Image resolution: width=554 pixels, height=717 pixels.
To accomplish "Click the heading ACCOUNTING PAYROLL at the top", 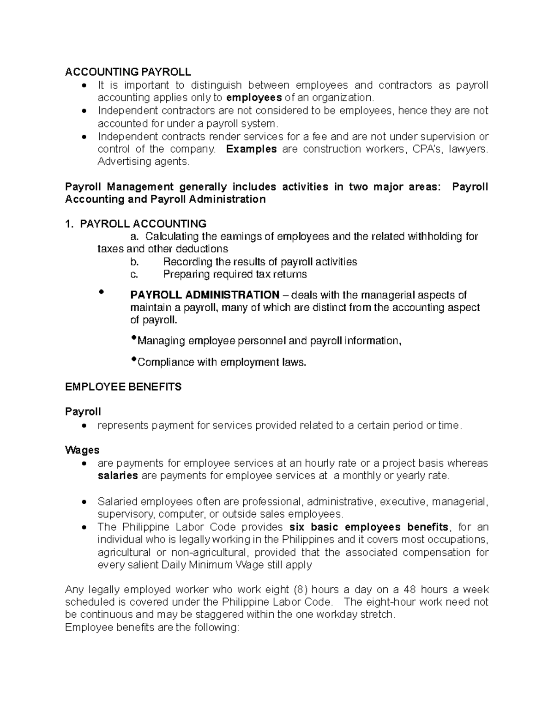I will (x=128, y=72).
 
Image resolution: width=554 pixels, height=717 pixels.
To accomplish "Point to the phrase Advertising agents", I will (x=144, y=162).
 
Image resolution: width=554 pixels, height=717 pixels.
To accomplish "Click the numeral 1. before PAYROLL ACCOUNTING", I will (x=69, y=224).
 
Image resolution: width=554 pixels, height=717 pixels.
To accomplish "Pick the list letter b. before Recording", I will (x=134, y=262).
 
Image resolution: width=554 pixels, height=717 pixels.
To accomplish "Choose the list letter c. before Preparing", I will (x=134, y=274).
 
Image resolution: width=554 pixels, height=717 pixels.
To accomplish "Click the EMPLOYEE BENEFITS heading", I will (x=123, y=387).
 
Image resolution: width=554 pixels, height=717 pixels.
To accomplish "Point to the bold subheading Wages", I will (x=82, y=450).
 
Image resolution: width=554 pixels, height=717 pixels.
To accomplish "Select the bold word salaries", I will (x=118, y=476).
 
